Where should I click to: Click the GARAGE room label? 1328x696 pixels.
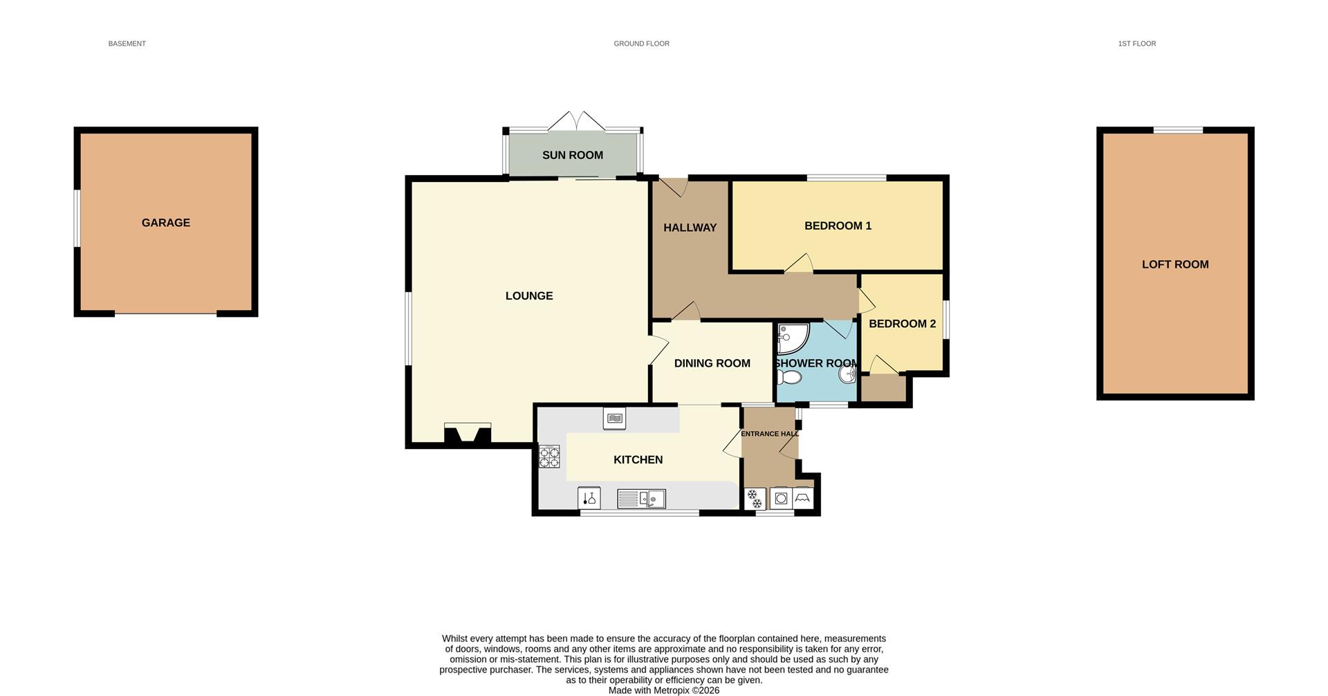(165, 223)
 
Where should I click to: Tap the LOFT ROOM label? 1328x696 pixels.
(1174, 264)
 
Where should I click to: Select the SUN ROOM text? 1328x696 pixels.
(572, 156)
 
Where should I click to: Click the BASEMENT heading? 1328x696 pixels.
(127, 44)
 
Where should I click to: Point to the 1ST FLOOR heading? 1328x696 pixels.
(1136, 44)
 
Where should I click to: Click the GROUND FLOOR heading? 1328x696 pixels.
(641, 44)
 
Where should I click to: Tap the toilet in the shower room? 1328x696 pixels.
(789, 377)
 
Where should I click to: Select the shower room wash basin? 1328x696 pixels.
(848, 374)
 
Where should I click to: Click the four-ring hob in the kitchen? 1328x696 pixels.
(549, 457)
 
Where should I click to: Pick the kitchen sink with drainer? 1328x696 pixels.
(641, 498)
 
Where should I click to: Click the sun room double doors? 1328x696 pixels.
(576, 121)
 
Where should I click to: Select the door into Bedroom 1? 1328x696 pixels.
(799, 264)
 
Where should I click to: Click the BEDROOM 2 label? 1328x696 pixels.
(902, 324)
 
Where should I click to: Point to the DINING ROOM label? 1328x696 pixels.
(712, 363)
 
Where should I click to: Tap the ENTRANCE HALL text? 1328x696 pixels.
(769, 434)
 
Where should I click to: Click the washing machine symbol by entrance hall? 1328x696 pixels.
(781, 498)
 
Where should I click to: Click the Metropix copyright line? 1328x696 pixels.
(663, 690)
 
